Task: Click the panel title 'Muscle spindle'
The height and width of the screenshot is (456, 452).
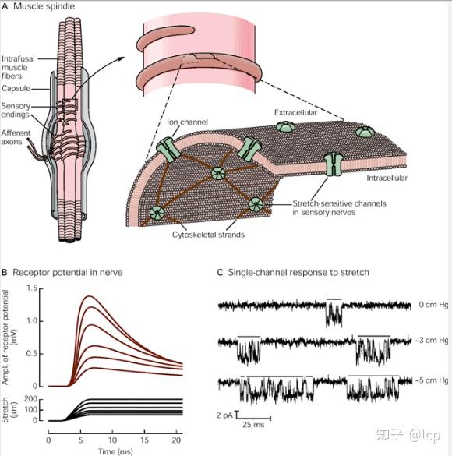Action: click(x=44, y=6)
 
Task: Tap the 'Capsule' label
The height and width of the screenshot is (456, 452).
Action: click(x=16, y=88)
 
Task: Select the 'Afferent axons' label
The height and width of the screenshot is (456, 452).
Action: click(x=16, y=137)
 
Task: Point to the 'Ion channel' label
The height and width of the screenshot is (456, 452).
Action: click(x=187, y=122)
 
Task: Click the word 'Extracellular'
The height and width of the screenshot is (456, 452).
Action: click(x=295, y=112)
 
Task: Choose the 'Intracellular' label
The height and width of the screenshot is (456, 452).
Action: click(x=387, y=178)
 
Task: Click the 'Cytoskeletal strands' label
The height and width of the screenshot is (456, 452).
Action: click(x=208, y=235)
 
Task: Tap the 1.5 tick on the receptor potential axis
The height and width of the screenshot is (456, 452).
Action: click(x=32, y=288)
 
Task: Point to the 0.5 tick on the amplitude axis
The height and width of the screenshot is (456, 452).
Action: click(x=32, y=354)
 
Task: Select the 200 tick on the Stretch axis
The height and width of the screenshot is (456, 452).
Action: click(x=31, y=399)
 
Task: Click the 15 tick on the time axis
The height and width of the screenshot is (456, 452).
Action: click(x=144, y=440)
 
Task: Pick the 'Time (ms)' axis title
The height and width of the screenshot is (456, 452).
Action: click(x=115, y=451)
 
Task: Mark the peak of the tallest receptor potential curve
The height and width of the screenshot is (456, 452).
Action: click(x=89, y=296)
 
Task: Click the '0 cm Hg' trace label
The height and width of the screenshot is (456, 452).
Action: click(x=433, y=305)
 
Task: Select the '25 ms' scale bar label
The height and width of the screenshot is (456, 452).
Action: click(x=253, y=424)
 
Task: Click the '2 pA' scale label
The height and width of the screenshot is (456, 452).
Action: click(x=224, y=415)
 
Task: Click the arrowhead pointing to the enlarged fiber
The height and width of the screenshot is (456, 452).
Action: click(x=122, y=58)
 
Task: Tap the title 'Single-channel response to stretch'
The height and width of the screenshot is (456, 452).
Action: click(x=298, y=273)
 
